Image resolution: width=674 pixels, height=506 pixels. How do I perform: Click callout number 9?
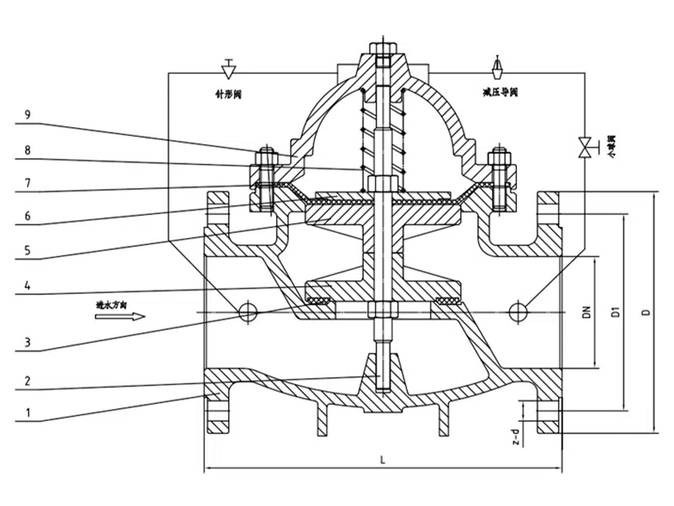click(26, 115)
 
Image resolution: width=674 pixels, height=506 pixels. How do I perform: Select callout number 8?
click(26, 151)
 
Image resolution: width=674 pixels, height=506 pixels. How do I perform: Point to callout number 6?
click(26, 215)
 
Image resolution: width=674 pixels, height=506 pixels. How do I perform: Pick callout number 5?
click(26, 250)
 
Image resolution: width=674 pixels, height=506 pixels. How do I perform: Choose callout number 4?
click(26, 285)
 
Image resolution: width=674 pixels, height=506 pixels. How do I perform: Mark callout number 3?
click(26, 342)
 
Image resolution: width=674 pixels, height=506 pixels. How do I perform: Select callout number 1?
click(26, 411)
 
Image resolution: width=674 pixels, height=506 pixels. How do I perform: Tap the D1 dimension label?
click(615, 312)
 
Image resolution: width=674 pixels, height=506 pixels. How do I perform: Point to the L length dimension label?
click(382, 461)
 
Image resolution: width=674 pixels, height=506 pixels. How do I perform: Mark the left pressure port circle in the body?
click(247, 311)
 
